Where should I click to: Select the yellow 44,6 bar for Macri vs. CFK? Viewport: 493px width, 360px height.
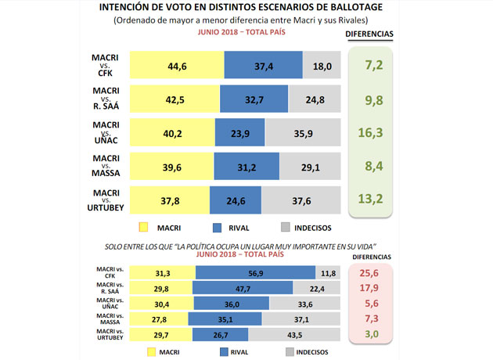[x=176, y=67]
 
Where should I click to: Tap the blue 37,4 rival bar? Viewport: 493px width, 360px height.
[x=263, y=67]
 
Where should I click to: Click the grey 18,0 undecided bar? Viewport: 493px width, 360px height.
[x=322, y=67]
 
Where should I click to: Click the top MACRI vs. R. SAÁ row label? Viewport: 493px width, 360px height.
[x=106, y=99]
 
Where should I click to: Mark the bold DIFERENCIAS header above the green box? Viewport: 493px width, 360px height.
[x=369, y=34]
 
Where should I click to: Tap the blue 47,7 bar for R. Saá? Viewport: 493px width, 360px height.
[x=243, y=288]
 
